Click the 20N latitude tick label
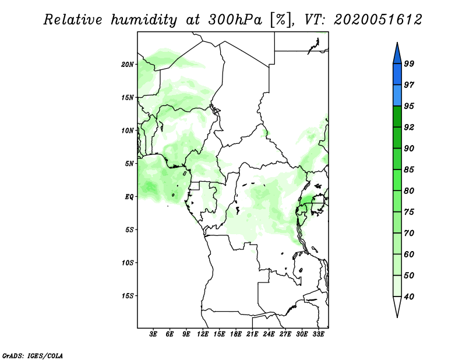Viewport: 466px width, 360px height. (x=128, y=64)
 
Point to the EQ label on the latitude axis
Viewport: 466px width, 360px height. (x=130, y=196)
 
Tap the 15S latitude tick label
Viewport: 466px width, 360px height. (x=128, y=295)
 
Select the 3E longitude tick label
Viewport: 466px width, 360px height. (x=154, y=335)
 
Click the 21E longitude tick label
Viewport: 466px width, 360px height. (x=253, y=335)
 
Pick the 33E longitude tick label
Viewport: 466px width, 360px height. (x=319, y=335)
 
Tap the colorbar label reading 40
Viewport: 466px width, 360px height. (x=409, y=297)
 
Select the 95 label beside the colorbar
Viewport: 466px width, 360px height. (x=409, y=106)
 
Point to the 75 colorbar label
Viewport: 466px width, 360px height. (x=409, y=212)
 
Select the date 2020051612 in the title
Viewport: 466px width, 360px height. (x=377, y=20)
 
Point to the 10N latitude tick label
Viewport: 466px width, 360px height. (x=128, y=130)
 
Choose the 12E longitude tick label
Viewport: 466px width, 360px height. (x=203, y=335)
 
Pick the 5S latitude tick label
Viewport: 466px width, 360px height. (x=130, y=230)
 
